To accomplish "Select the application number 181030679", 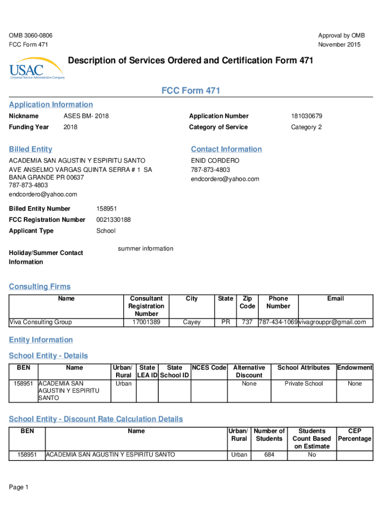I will click(x=307, y=116).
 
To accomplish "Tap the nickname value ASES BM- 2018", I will click(x=86, y=116).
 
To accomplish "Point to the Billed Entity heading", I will click(x=30, y=149).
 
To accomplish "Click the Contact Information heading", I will click(x=226, y=149).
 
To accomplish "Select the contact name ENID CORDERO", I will click(x=215, y=161).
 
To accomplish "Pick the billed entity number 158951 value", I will click(x=106, y=209).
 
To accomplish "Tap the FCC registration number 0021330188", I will click(x=113, y=220).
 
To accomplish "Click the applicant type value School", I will click(x=106, y=231).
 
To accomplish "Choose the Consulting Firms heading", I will click(x=40, y=287).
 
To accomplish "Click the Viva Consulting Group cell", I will click(x=40, y=322).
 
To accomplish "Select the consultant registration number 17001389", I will click(x=146, y=322).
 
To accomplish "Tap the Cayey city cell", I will click(x=191, y=322).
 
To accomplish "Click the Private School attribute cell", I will click(x=304, y=384).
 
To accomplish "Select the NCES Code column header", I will click(x=209, y=368).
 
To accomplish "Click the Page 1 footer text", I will click(x=19, y=488).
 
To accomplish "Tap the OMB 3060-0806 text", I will click(x=31, y=36).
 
